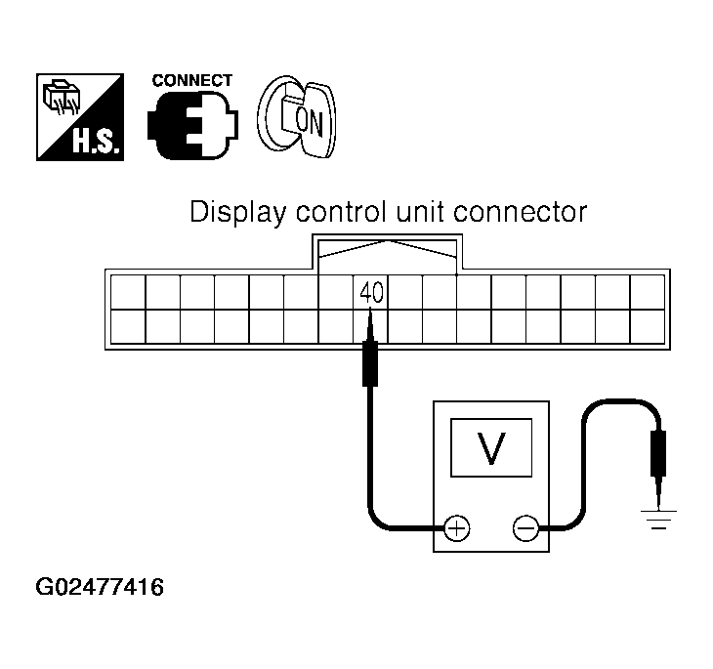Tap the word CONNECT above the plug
[x=192, y=81]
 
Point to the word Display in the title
[x=228, y=212]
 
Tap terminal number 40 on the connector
[x=370, y=291]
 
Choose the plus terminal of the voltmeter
[x=456, y=529]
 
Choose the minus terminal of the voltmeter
[x=525, y=529]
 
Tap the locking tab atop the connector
[x=389, y=250]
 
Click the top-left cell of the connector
[x=128, y=292]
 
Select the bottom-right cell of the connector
[x=648, y=326]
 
